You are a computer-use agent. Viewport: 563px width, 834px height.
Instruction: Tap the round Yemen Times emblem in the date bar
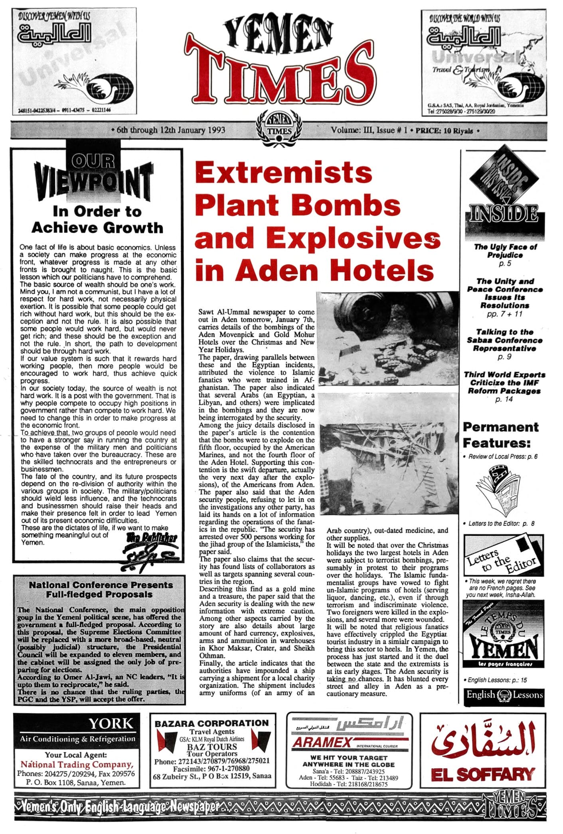point(279,129)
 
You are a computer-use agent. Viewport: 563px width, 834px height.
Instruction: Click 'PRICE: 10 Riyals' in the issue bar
point(444,130)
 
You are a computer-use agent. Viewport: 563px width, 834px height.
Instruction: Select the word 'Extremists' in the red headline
point(284,173)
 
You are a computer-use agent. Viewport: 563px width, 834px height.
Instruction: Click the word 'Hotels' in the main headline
point(383,271)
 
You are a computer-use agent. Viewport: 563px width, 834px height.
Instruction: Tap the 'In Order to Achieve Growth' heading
point(97,219)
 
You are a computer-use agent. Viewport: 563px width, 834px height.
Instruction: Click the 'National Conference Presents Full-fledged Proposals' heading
point(101,589)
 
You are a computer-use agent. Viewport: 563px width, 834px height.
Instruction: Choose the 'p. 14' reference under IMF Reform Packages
point(504,399)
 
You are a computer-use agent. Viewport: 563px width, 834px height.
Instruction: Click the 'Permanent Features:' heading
point(501,435)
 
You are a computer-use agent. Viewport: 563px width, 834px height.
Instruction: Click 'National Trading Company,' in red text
point(77,764)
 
